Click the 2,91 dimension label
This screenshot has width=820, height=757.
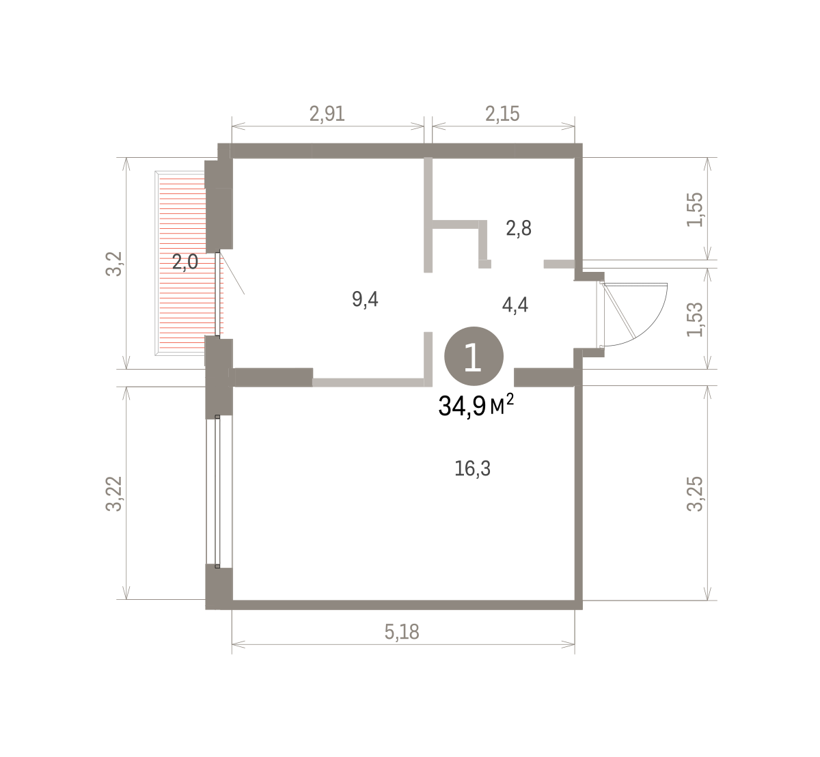[327, 114]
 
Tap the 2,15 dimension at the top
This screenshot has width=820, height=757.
[502, 114]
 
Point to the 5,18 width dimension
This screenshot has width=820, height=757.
[402, 632]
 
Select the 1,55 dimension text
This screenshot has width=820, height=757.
[694, 209]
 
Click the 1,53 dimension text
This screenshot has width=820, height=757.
[694, 320]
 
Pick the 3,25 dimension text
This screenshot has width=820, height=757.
[694, 494]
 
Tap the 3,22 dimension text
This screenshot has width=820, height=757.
[114, 494]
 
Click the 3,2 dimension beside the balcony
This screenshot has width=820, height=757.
[114, 264]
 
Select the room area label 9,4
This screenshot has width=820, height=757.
[365, 299]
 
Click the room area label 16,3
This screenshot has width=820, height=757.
[472, 469]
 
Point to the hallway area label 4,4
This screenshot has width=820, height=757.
[515, 305]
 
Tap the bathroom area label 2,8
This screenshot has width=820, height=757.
[519, 228]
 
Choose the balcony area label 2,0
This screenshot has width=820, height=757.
[185, 262]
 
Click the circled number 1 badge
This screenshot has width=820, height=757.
[474, 357]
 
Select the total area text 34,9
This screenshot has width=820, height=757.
[462, 407]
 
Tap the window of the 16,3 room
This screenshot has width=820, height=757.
[217, 491]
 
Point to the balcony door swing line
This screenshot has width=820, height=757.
[232, 273]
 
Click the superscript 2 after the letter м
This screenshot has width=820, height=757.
[510, 399]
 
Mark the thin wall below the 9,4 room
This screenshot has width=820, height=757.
[368, 383]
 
